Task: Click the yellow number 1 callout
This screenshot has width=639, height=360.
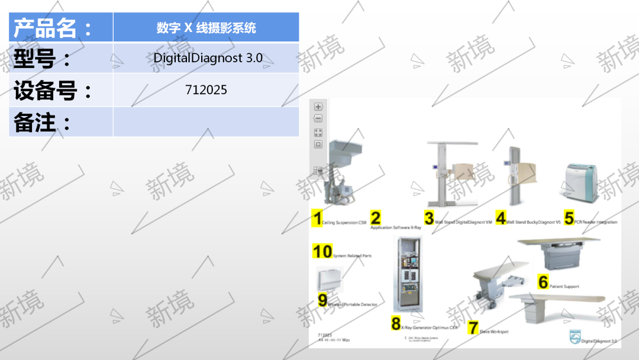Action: point(318,218)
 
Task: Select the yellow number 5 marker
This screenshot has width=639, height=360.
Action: point(569,218)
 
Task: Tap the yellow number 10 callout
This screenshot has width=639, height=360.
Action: point(322,252)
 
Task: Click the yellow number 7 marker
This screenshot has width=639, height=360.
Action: point(473,327)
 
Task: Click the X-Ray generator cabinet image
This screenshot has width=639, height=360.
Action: point(408,274)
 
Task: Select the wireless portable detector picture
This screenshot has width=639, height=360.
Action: point(330,279)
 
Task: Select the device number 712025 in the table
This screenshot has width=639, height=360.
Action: point(206,90)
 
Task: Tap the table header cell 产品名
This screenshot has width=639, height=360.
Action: point(53,28)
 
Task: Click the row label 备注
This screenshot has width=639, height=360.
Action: point(42,123)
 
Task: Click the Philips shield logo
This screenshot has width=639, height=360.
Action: point(574,336)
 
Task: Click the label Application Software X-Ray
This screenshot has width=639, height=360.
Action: point(396,227)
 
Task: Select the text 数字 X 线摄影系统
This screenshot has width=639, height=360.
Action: point(206,28)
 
